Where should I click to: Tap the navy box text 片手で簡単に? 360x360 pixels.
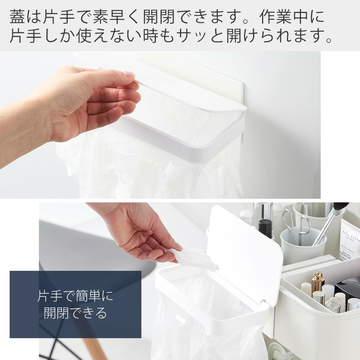click(x=75, y=296)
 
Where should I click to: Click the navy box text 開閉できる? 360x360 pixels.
click(x=75, y=313)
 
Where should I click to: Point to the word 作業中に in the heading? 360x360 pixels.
click(x=292, y=17)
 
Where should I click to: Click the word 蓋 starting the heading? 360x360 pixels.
click(x=17, y=17)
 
